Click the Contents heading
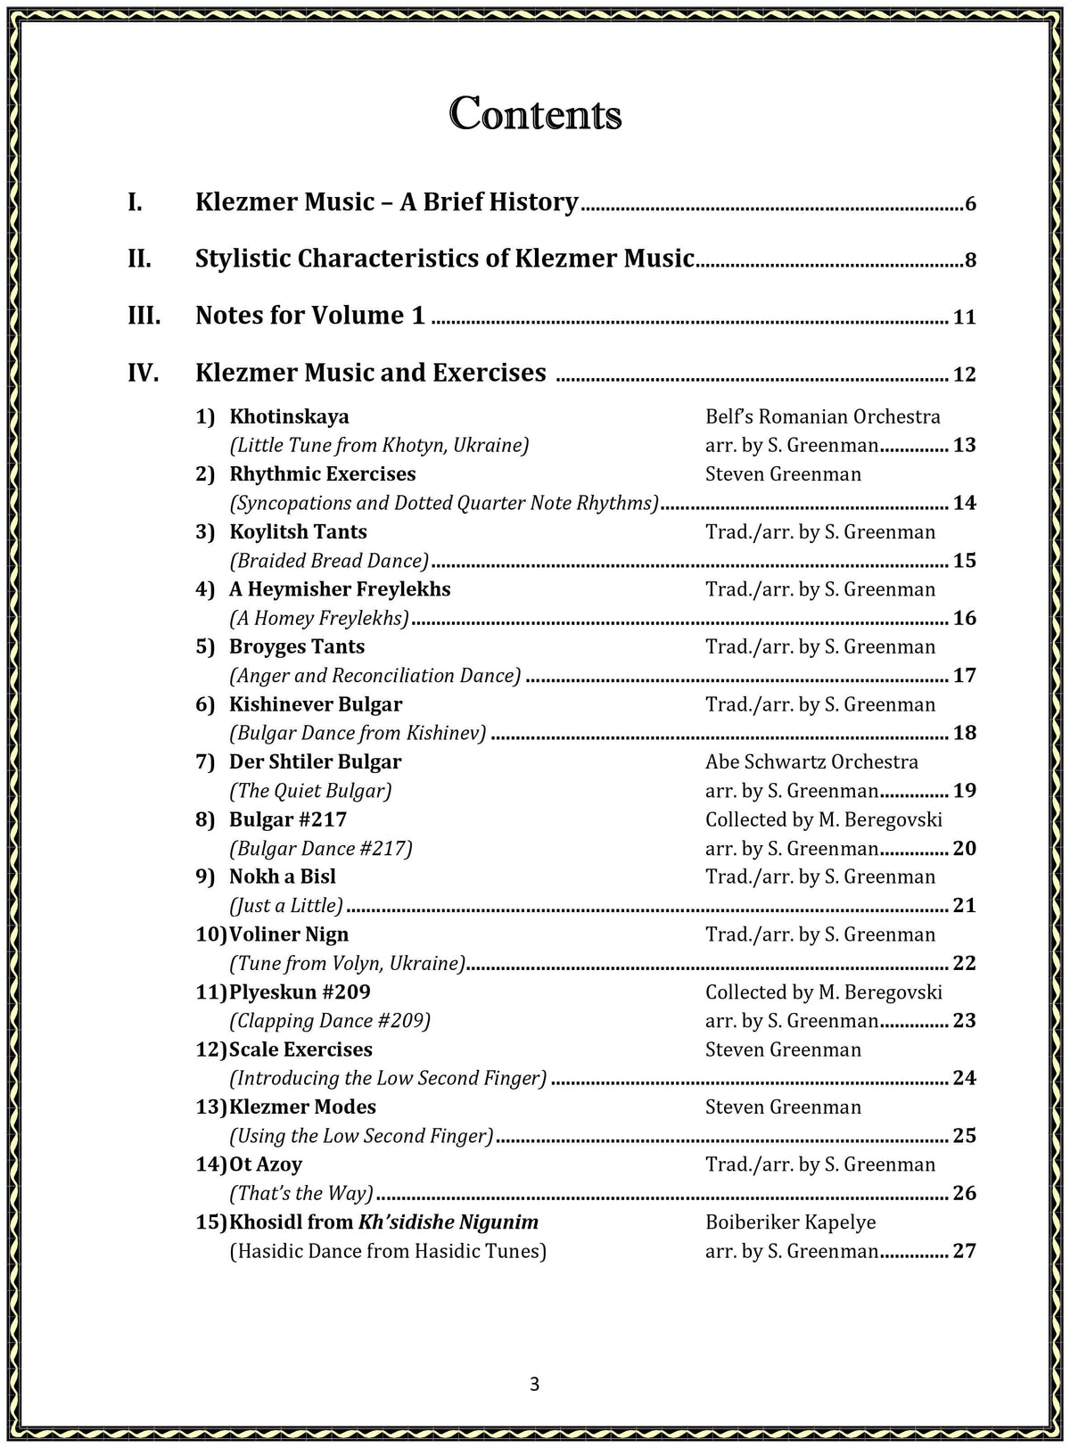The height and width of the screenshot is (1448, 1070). coord(535,114)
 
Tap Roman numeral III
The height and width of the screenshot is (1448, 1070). coord(144,316)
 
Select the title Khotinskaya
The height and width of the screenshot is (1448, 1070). coord(289,416)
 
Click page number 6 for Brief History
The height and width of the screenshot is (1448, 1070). coord(970,204)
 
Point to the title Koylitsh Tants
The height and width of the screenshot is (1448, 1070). coord(298,531)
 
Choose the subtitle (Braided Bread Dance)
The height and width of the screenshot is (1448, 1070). coord(329,561)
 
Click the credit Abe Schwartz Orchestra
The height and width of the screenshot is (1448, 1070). coord(811,761)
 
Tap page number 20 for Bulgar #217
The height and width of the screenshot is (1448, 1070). coord(964,848)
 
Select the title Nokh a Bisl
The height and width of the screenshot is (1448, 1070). coord(283,876)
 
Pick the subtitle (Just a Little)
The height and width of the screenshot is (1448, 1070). coord(286,906)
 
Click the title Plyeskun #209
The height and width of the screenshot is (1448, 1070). coord(300,991)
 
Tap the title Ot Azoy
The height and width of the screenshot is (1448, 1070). coord(266,1164)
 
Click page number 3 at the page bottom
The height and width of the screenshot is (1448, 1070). coord(534,1384)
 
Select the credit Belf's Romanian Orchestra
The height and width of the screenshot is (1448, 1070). coord(822,416)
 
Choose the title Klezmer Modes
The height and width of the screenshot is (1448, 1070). coord(302,1107)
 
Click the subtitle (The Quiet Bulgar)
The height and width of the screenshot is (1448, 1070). coord(310,791)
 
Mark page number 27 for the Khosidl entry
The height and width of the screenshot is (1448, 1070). coord(964,1251)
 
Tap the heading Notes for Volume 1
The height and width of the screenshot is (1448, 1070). coord(310,316)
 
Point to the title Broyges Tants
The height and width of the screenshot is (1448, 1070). coord(297,646)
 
